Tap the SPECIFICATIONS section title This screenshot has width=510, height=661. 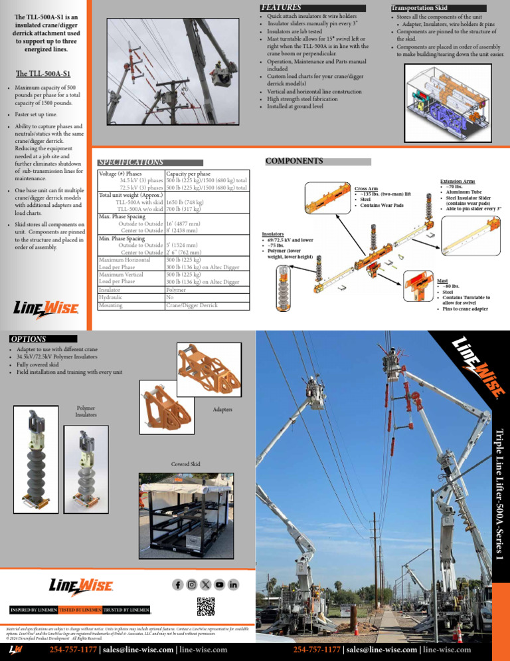[x=130, y=162]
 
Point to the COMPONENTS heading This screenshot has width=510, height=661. [x=294, y=161]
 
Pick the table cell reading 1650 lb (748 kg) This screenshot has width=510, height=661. [x=189, y=202]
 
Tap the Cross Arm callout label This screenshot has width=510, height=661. [x=367, y=189]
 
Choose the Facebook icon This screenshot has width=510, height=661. [x=178, y=585]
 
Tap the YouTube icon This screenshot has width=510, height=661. [x=219, y=585]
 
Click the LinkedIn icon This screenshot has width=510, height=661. [x=233, y=585]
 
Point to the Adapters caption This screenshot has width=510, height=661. [x=223, y=410]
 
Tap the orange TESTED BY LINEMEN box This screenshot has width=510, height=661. [x=80, y=610]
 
